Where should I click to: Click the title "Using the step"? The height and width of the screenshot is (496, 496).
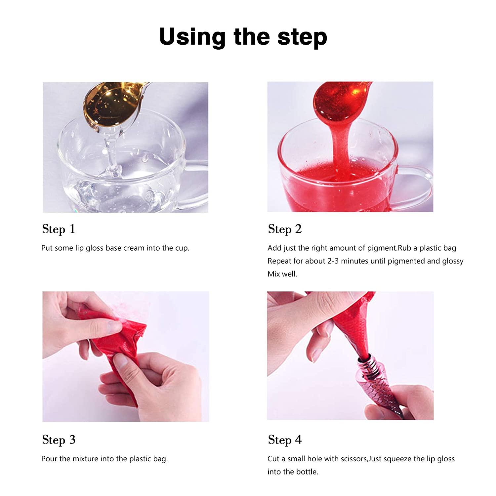[243, 37]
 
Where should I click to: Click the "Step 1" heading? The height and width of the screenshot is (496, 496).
[59, 229]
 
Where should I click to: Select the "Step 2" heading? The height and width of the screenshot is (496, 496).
[285, 229]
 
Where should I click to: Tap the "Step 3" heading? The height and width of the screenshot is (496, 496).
[59, 440]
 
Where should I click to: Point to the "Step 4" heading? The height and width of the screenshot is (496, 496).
[285, 440]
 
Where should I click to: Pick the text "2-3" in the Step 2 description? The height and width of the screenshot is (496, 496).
[333, 261]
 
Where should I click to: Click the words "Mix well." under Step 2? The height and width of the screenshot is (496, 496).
[282, 274]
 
